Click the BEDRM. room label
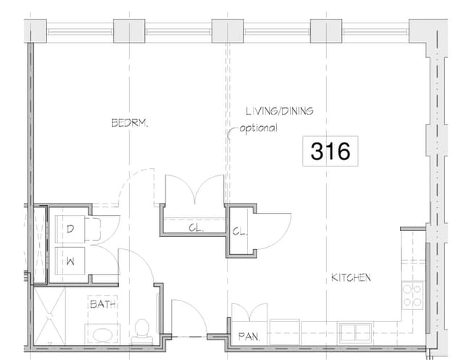click(130, 123)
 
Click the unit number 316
click(330, 151)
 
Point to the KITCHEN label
click(351, 277)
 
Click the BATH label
click(103, 305)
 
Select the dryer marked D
click(71, 230)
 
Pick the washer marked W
click(71, 259)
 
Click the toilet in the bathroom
click(143, 331)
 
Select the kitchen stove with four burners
click(412, 294)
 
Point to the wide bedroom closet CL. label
click(195, 227)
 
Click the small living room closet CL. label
click(238, 232)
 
